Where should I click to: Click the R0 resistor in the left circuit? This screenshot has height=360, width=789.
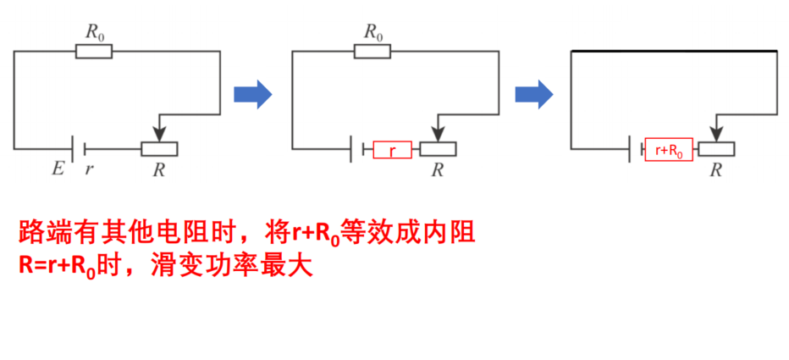pyautogui.click(x=94, y=52)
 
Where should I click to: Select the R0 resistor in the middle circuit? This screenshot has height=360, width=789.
pyautogui.click(x=372, y=52)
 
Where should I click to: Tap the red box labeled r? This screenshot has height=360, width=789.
pyautogui.click(x=393, y=150)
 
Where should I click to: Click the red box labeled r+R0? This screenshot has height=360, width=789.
pyautogui.click(x=669, y=150)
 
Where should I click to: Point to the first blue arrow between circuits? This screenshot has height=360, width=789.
pyautogui.click(x=252, y=94)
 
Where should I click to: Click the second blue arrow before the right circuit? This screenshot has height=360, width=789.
pyautogui.click(x=534, y=94)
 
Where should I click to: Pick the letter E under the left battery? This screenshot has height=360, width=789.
pyautogui.click(x=58, y=169)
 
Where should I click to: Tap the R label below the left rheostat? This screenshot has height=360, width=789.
pyautogui.click(x=159, y=169)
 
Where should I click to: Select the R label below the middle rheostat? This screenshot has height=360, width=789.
pyautogui.click(x=438, y=169)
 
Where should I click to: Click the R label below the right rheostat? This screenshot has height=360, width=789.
pyautogui.click(x=716, y=169)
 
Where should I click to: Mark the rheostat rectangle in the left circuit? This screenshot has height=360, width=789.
pyautogui.click(x=159, y=149)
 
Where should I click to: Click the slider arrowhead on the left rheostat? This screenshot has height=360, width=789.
pyautogui.click(x=159, y=135)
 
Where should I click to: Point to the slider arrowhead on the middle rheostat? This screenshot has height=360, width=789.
pyautogui.click(x=438, y=135)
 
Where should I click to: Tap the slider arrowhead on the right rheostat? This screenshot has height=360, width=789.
pyautogui.click(x=716, y=135)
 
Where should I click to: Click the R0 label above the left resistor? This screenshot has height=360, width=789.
pyautogui.click(x=94, y=32)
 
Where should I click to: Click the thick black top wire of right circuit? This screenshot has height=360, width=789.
pyautogui.click(x=674, y=51)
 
